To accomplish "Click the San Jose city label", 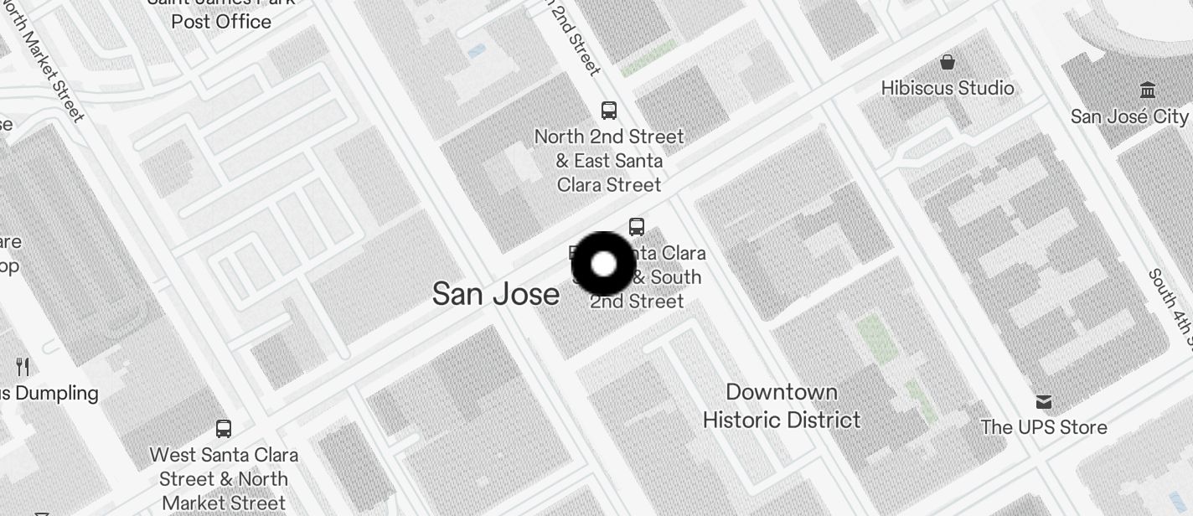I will point(496,294).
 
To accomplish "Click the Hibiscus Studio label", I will point(947,88).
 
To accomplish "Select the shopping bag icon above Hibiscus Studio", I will point(948,62).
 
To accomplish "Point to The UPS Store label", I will point(1043,427).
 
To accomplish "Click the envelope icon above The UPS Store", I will point(1044,402).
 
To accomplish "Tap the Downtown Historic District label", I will point(782,406).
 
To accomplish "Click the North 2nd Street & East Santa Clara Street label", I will point(609,160).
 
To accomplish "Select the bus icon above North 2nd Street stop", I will point(609,110).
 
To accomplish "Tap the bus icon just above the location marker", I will point(637,226).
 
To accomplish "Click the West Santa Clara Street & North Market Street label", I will point(224,479).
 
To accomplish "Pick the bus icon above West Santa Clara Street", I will point(224,429).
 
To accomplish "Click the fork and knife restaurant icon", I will point(23,366).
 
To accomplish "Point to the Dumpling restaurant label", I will point(49,393).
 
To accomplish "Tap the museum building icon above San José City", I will point(1148,90).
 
